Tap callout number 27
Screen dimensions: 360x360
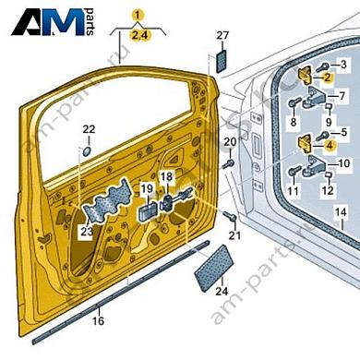point(222,36)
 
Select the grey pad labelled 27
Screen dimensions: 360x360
point(222,62)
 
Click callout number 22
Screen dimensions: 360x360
point(89,129)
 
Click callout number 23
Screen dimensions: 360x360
point(86,232)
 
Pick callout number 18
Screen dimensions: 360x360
point(166,175)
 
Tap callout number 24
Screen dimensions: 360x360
point(220,292)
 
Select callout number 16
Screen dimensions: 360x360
point(99,321)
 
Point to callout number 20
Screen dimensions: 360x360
point(229,139)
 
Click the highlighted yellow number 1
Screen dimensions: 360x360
point(138,15)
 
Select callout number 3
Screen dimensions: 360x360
point(343,64)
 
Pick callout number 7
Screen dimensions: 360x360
point(343,95)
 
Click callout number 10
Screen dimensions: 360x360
point(343,163)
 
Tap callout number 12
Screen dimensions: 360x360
point(327,191)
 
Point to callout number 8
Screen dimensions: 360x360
point(294,121)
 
